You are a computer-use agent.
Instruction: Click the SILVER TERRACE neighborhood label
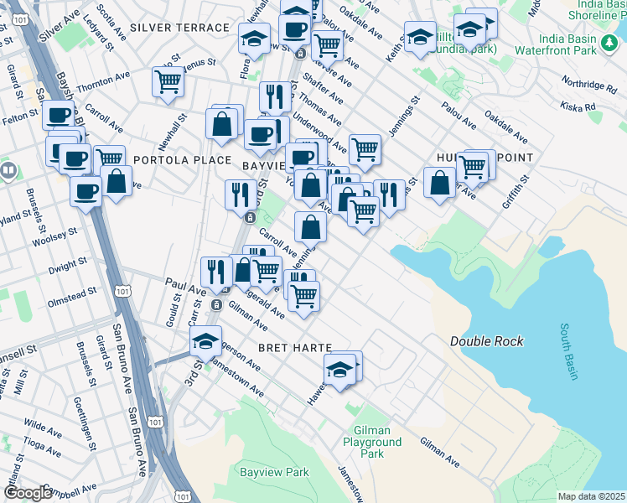tap(180, 28)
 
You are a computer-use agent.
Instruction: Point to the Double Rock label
tap(487, 341)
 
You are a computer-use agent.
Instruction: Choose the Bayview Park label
tap(274, 473)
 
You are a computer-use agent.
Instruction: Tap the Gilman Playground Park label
tap(372, 442)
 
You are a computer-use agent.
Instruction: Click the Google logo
tap(27, 493)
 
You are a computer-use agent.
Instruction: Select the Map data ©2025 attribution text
tap(591, 496)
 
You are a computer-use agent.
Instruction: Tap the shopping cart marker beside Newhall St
tap(168, 82)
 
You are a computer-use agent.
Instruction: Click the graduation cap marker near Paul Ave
tap(205, 341)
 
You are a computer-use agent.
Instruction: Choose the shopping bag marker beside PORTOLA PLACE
tap(117, 181)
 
